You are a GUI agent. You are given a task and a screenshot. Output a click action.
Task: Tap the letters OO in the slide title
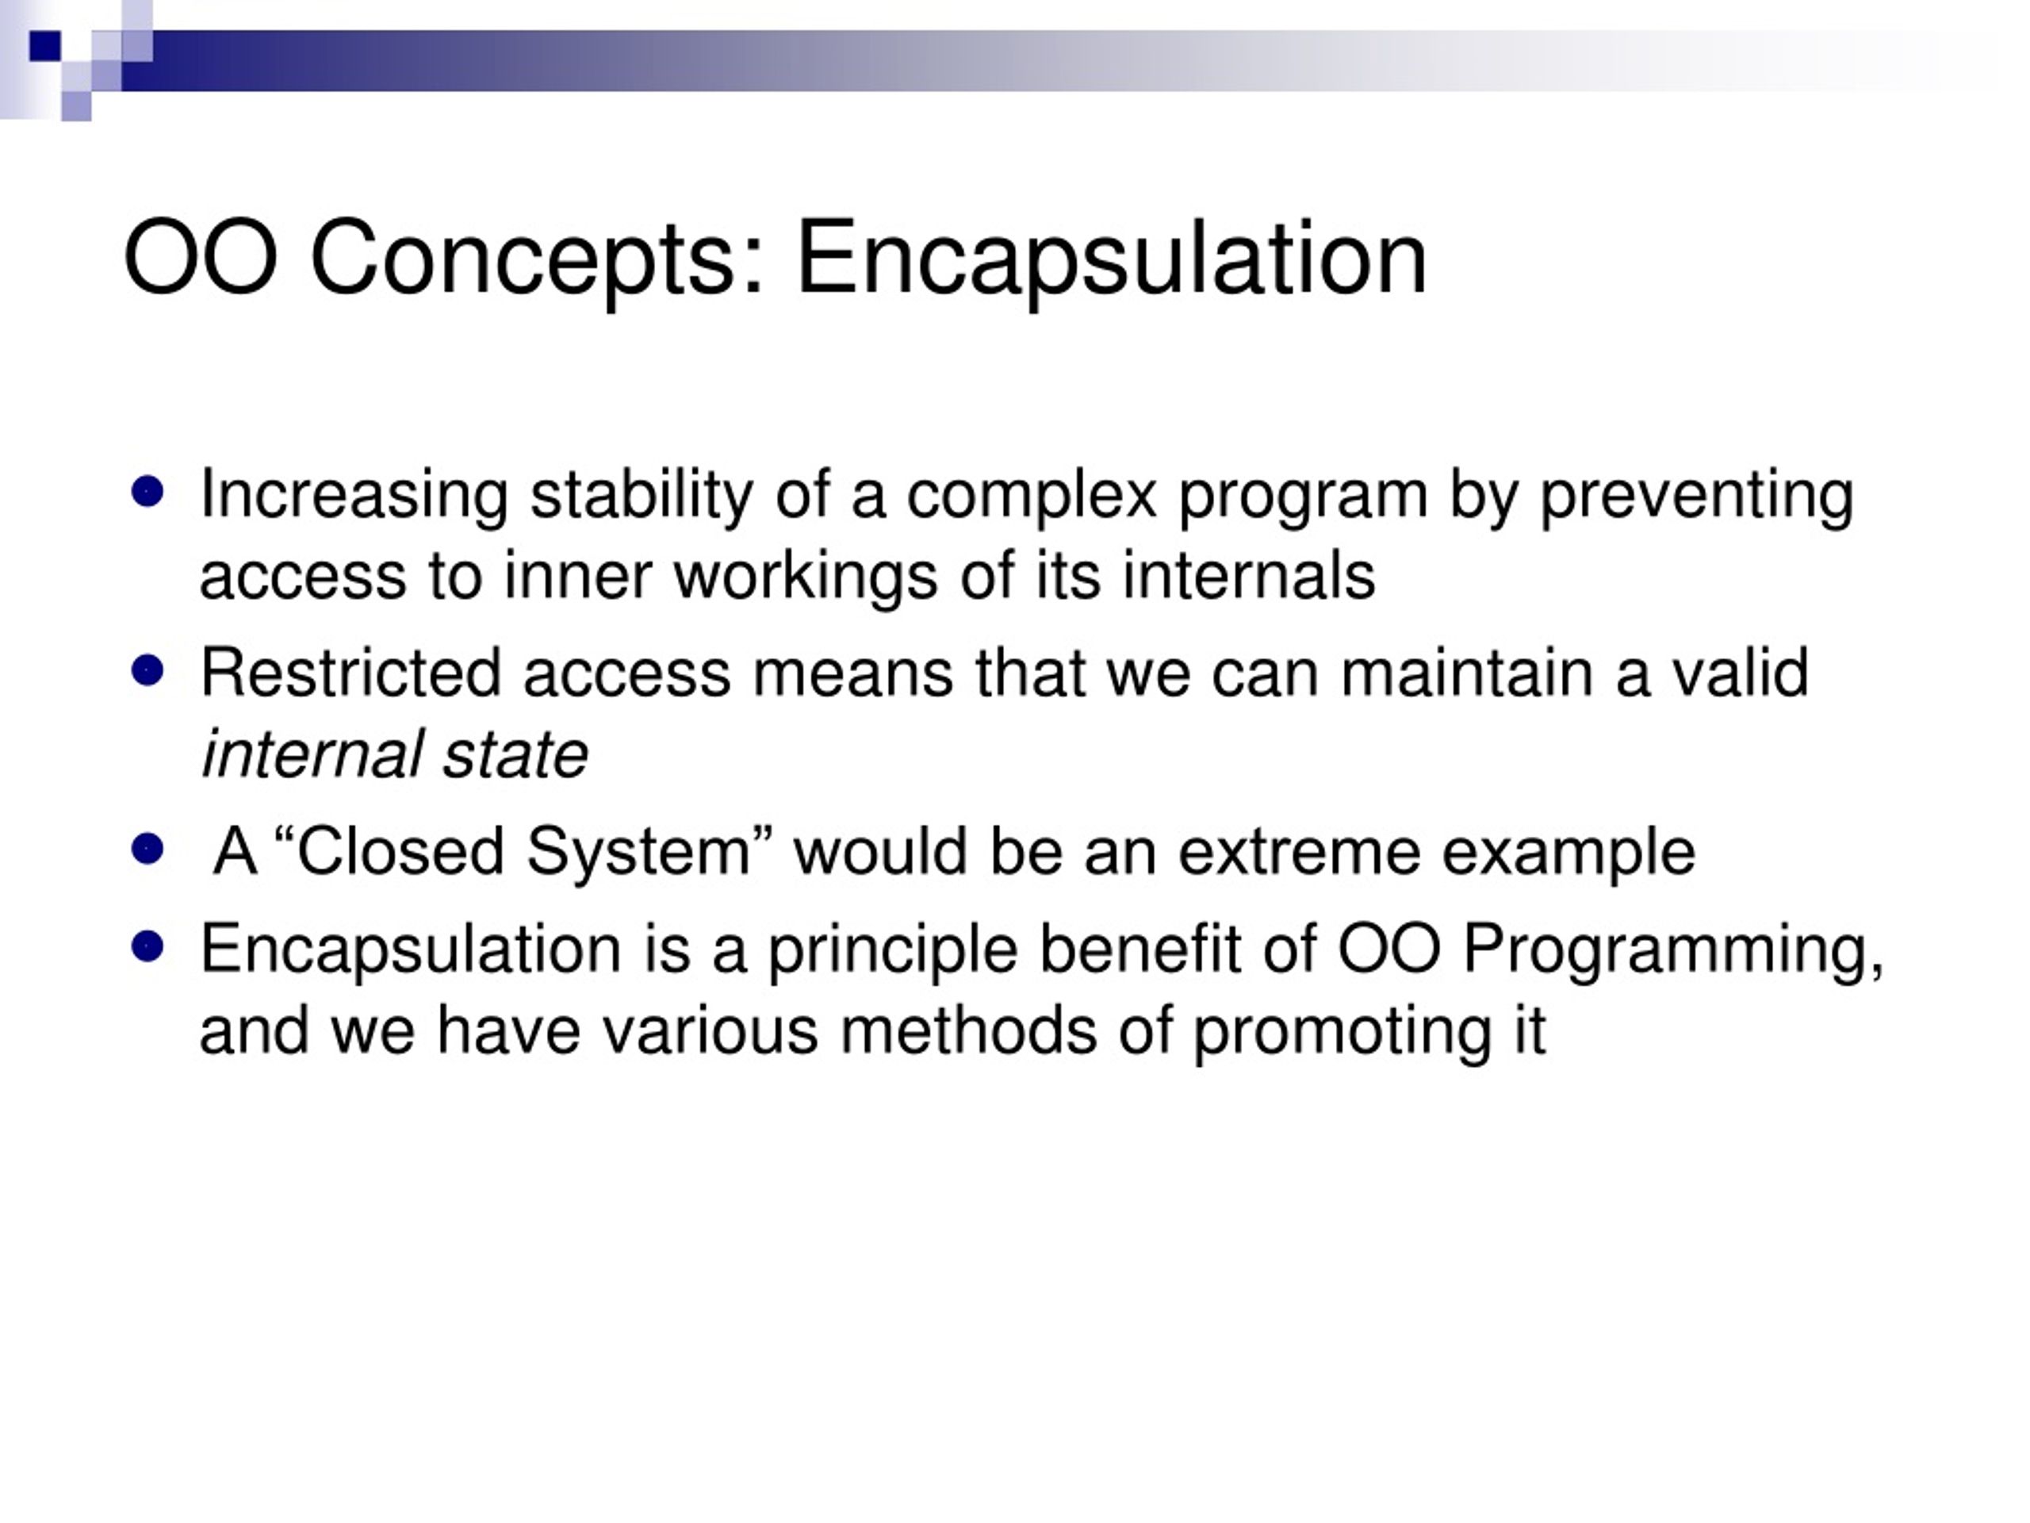click(201, 257)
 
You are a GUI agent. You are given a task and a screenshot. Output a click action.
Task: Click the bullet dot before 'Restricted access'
click(147, 670)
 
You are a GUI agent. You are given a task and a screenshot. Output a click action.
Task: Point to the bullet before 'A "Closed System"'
click(147, 850)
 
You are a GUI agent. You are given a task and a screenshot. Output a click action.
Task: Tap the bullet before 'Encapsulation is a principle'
click(147, 946)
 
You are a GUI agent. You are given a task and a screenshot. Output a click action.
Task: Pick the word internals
click(1249, 577)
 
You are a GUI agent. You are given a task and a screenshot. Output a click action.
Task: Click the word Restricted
click(350, 673)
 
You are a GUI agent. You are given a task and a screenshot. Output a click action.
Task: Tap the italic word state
click(515, 755)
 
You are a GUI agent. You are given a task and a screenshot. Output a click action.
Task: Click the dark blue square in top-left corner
click(45, 46)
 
